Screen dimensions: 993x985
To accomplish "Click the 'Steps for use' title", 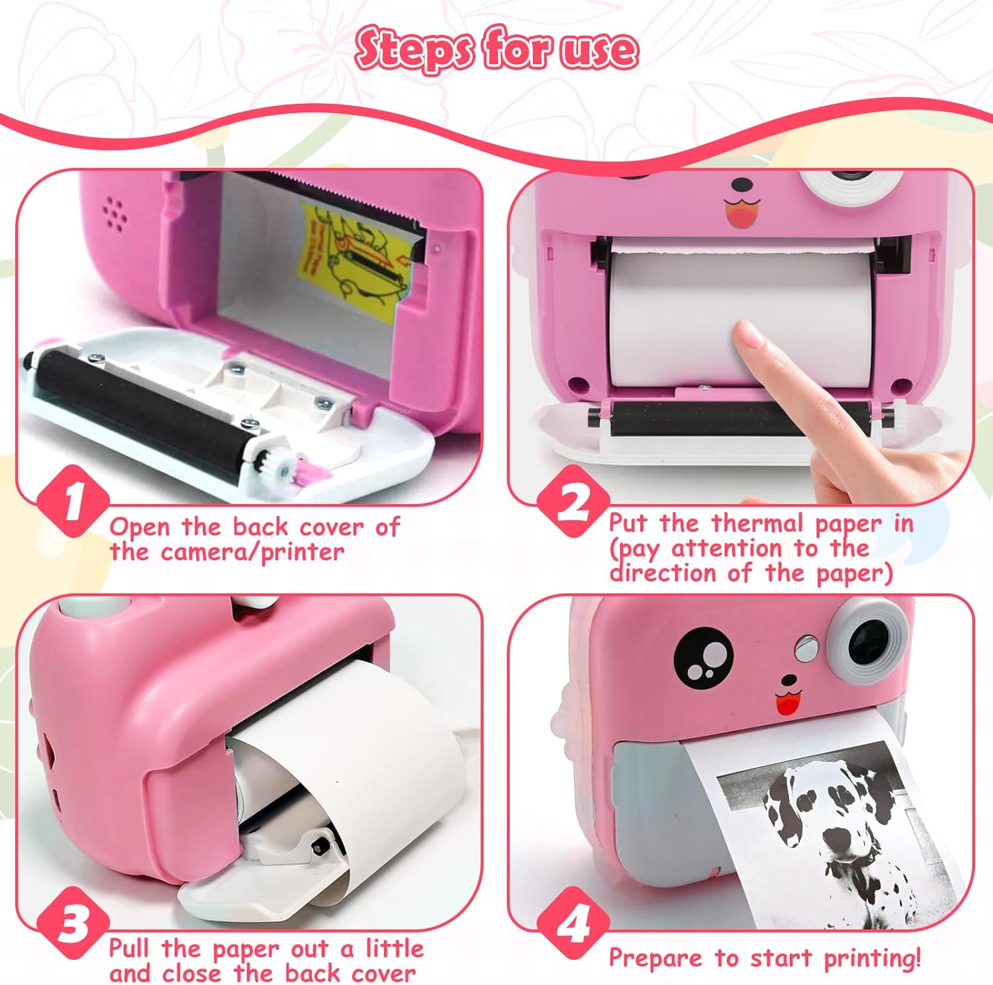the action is (496, 49).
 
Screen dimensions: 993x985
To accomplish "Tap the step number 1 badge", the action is (72, 501).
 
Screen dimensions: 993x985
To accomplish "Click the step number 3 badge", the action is (72, 923).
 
